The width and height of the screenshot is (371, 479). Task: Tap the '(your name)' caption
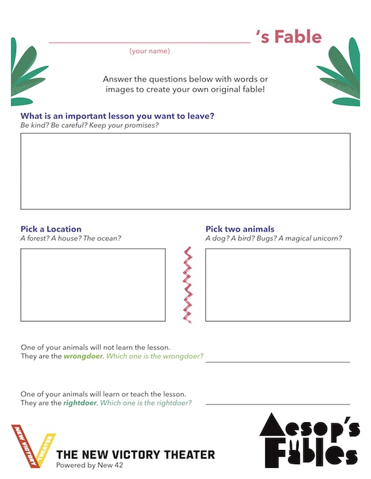click(x=150, y=51)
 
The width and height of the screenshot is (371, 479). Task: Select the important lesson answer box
click(x=185, y=171)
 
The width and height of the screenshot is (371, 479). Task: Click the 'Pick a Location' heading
click(x=51, y=229)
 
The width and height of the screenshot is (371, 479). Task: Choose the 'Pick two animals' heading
click(x=240, y=229)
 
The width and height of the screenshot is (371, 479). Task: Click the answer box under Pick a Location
click(x=93, y=285)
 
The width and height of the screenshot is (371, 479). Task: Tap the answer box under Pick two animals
click(x=278, y=285)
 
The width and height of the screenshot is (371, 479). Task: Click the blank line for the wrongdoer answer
click(x=278, y=362)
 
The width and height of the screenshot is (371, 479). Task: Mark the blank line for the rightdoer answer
click(x=278, y=404)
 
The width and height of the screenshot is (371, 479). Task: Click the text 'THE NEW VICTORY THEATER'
click(x=135, y=455)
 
